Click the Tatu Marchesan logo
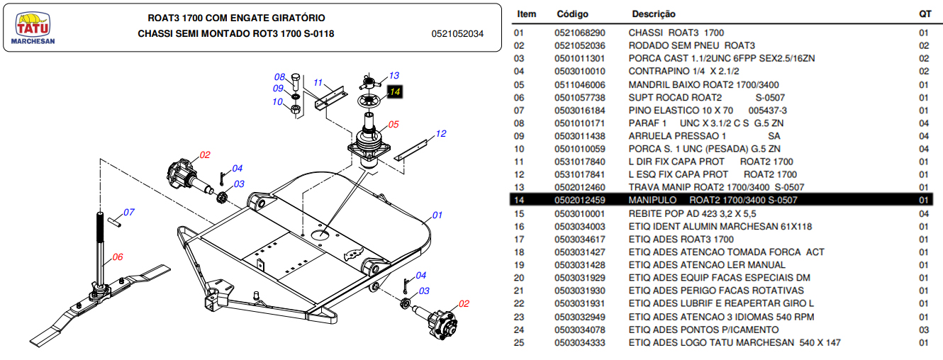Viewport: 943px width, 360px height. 33,29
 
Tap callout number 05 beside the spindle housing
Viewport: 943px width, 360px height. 394,124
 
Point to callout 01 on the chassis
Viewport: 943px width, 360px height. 437,215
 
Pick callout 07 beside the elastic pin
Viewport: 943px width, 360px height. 129,212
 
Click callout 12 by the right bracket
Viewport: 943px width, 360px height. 440,133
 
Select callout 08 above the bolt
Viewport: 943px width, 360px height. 279,77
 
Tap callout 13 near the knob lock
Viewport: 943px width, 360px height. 394,75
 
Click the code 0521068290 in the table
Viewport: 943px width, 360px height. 580,33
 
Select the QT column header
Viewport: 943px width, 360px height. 924,14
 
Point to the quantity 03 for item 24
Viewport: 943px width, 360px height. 924,330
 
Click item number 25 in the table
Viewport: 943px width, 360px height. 519,342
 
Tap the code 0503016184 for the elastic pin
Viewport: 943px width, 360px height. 580,111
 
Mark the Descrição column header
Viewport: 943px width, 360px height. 654,14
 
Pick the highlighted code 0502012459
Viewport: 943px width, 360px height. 580,201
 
